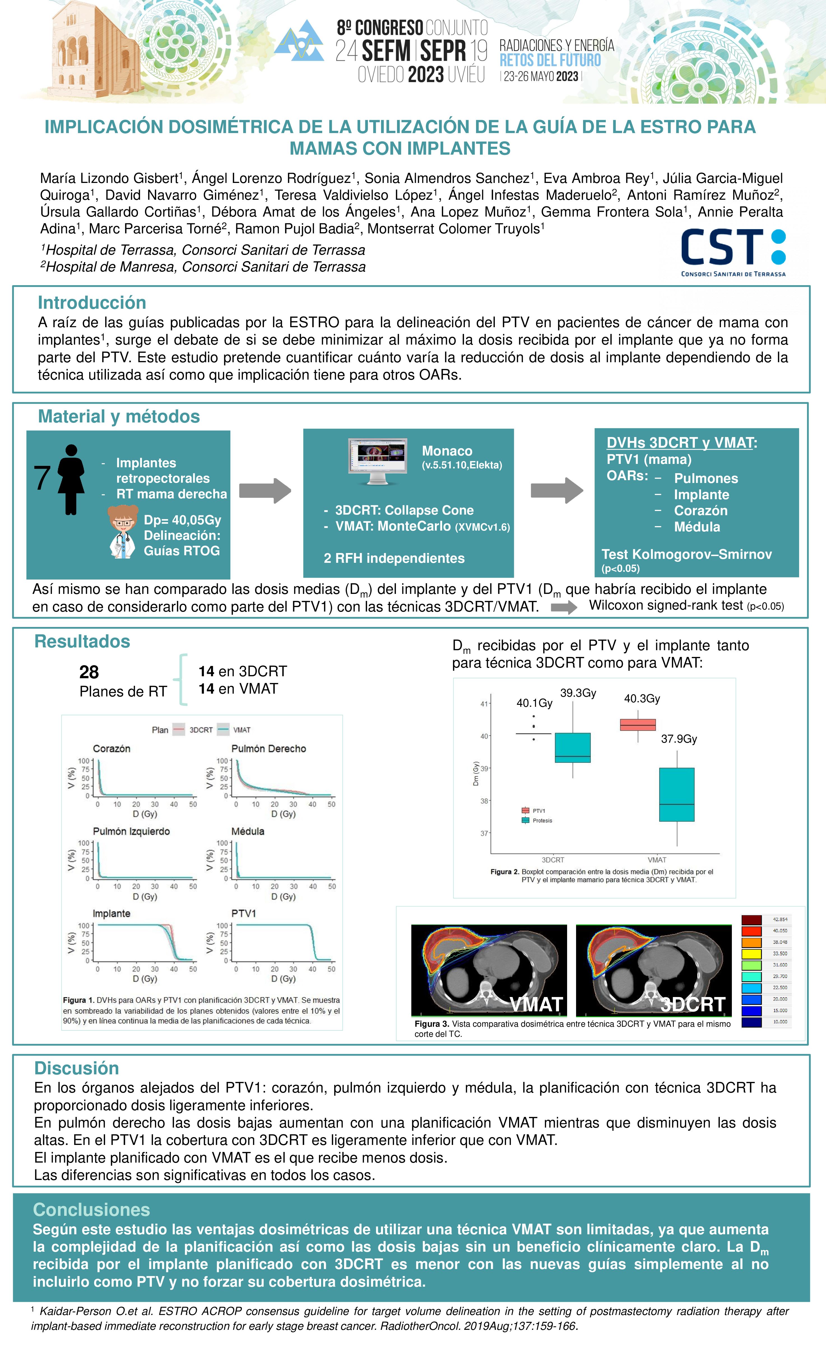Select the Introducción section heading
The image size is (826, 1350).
92,303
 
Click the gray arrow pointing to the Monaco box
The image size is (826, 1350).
265,490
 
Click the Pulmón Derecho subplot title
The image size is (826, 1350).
269,749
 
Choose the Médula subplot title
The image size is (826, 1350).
248,831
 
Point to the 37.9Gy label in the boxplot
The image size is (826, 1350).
679,739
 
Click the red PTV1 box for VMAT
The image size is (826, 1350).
638,724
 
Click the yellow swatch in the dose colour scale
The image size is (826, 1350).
751,954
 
